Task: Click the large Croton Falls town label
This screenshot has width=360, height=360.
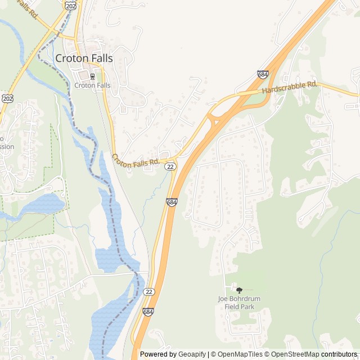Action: tap(84, 58)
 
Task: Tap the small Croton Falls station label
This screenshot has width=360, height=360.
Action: tap(92, 85)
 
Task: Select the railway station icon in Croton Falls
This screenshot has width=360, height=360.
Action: tap(92, 76)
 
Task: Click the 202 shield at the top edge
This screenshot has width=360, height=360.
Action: tap(70, 5)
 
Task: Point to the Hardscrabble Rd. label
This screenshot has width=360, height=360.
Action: tap(290, 87)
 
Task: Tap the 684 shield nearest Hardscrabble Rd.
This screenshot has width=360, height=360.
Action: tap(263, 74)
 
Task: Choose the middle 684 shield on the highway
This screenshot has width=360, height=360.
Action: tap(172, 201)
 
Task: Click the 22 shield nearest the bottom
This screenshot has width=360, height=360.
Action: tap(148, 291)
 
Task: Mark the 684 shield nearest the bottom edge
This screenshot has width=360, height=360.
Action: tap(148, 312)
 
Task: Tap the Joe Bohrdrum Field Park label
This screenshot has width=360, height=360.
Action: tap(239, 303)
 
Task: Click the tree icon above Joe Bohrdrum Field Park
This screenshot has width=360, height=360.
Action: tap(239, 290)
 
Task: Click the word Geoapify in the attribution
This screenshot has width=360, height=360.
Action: tap(192, 354)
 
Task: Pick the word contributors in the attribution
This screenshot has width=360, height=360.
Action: tap(340, 354)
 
